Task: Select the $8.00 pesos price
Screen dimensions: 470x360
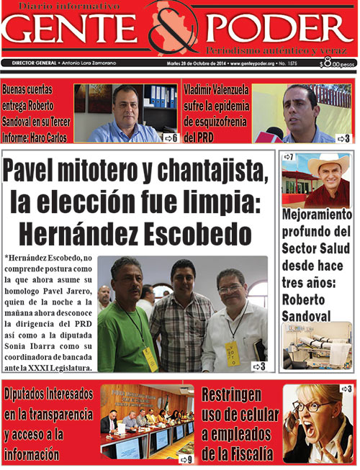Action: (x=337, y=63)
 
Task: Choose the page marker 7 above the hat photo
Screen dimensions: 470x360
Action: (x=289, y=157)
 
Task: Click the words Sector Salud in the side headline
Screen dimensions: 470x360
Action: (x=316, y=250)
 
